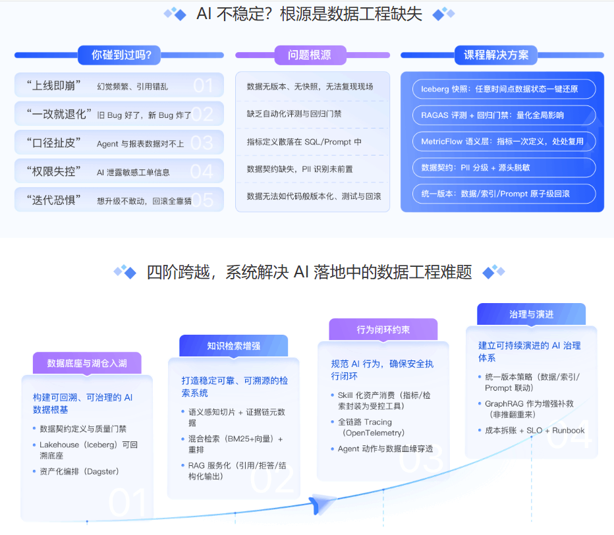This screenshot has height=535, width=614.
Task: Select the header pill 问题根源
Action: pyautogui.click(x=309, y=55)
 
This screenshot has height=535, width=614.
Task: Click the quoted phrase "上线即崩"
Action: pyautogui.click(x=54, y=86)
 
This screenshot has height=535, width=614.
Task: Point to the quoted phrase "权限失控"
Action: pyautogui.click(x=54, y=172)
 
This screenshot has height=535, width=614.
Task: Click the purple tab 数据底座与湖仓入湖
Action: pyautogui.click(x=87, y=363)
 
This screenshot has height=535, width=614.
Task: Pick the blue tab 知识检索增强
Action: pyautogui.click(x=233, y=346)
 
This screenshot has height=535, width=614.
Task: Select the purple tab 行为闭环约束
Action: pyautogui.click(x=383, y=329)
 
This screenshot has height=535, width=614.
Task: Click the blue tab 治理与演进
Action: pyautogui.click(x=531, y=314)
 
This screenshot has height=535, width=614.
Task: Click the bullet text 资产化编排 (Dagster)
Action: pyautogui.click(x=79, y=471)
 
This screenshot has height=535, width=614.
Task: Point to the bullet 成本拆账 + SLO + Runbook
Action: pyautogui.click(x=534, y=430)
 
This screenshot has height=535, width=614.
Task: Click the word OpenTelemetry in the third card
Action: pyautogui.click(x=372, y=433)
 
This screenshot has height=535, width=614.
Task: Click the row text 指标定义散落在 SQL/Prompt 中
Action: pyautogui.click(x=304, y=142)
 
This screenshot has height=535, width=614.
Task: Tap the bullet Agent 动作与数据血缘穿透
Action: pyautogui.click(x=385, y=449)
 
